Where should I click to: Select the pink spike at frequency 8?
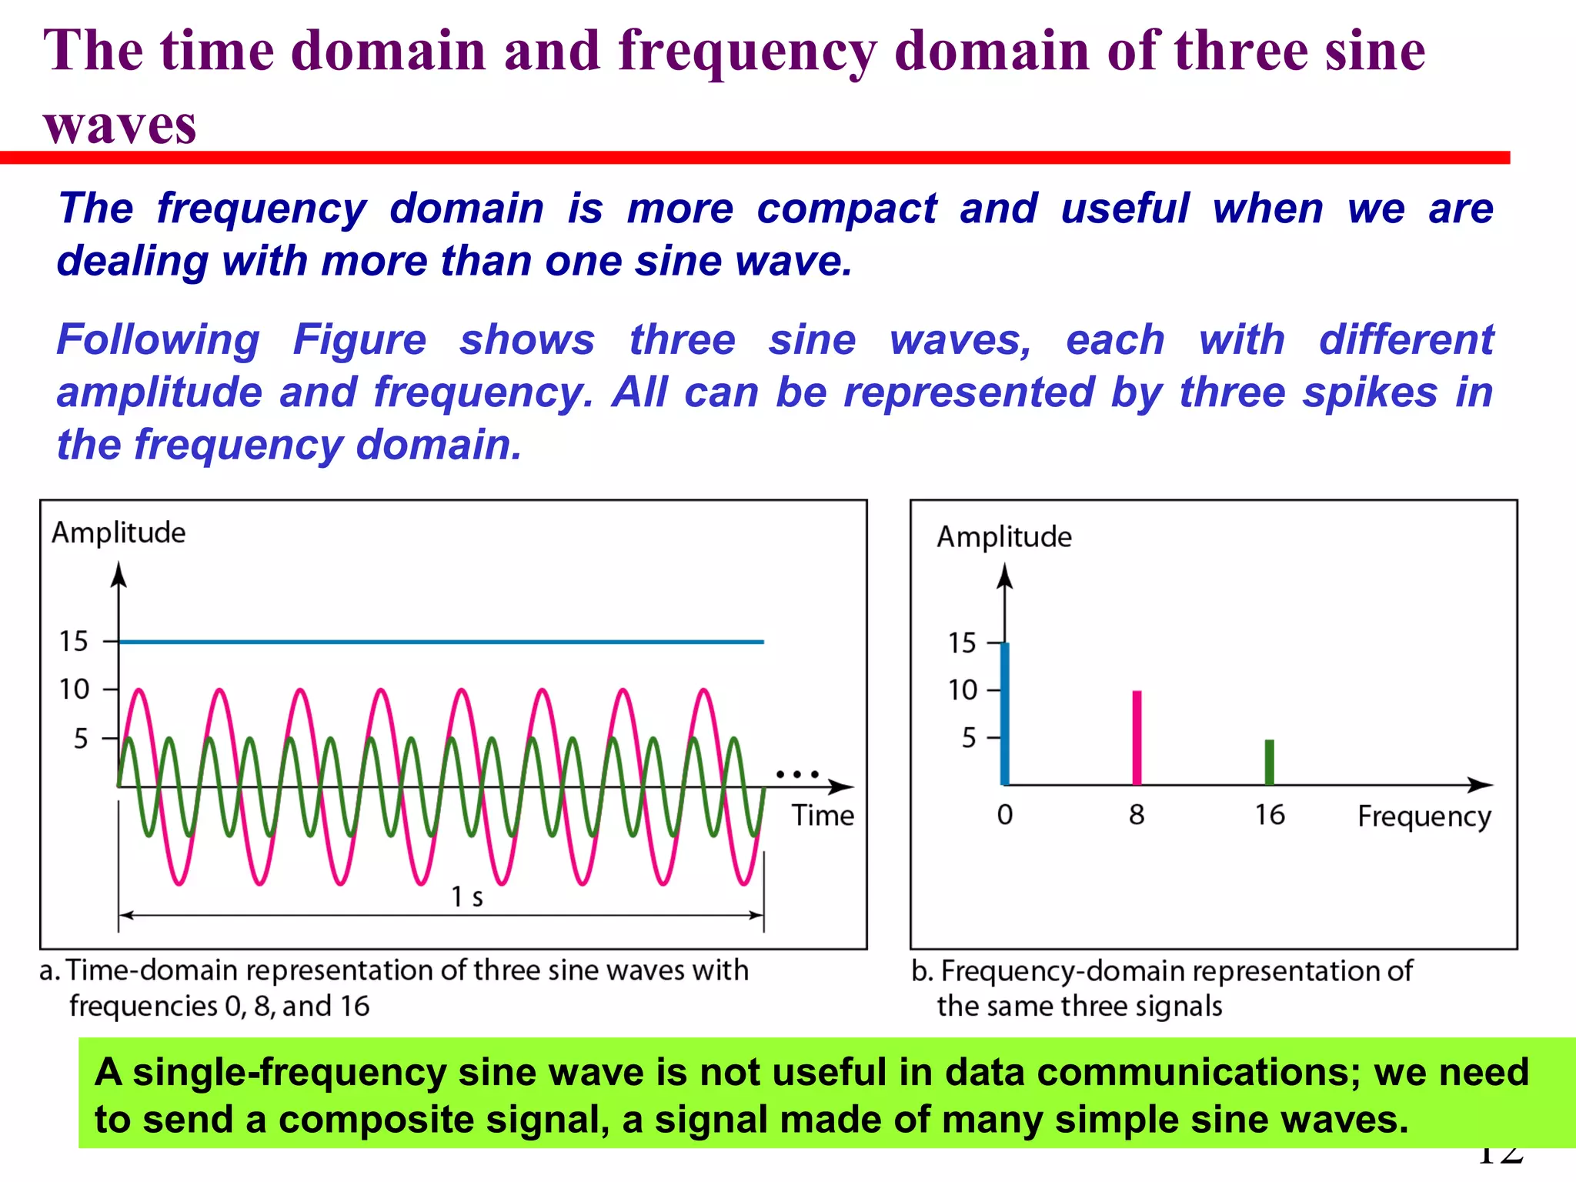[1137, 737]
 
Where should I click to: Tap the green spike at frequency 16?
[1270, 762]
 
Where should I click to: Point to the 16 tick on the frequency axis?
[1270, 814]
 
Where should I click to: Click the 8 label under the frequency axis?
[1137, 814]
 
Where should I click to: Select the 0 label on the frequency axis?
[1005, 814]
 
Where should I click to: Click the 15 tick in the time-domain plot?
[75, 641]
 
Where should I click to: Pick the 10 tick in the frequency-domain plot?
[963, 689]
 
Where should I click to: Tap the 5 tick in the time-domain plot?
[82, 739]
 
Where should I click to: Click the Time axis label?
[823, 815]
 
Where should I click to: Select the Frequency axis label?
[1424, 816]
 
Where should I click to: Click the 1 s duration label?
[467, 897]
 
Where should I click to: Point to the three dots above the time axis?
[797, 774]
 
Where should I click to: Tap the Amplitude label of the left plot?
[119, 533]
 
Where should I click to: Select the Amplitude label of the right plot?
[1003, 536]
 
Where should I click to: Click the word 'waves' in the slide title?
[120, 125]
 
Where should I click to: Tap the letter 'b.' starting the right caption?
[922, 971]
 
